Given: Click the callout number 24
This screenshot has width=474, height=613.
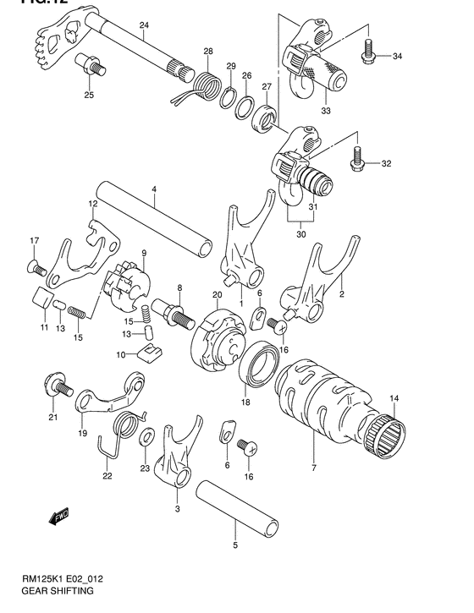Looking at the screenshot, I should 144,25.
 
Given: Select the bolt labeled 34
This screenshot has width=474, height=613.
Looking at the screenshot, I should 369,51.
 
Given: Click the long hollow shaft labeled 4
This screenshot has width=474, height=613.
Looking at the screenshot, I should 152,221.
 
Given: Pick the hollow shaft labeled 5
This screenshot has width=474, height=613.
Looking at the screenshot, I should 239,509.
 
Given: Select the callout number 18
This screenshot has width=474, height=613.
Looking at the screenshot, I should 246,402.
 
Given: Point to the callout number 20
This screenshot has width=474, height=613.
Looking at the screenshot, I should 217,294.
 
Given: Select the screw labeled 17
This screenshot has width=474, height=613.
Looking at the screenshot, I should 36,267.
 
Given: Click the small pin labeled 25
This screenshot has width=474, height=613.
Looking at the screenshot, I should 88,63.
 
